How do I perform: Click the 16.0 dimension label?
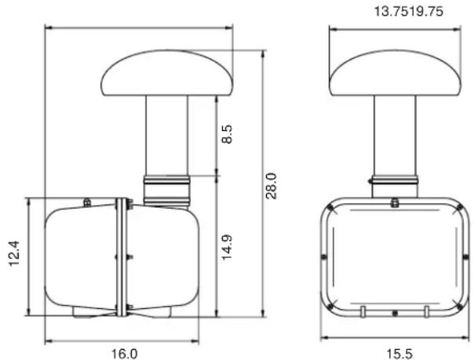click(x=125, y=354)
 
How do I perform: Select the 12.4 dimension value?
click(x=14, y=253)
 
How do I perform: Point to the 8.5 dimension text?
click(x=227, y=134)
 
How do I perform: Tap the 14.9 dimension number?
click(x=227, y=247)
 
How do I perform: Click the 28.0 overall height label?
click(x=272, y=186)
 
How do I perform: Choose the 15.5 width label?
click(x=399, y=354)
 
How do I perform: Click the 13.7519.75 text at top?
click(x=409, y=12)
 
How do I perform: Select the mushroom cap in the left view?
click(x=167, y=73)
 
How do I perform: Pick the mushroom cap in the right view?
click(x=395, y=73)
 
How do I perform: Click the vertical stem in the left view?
click(x=166, y=136)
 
